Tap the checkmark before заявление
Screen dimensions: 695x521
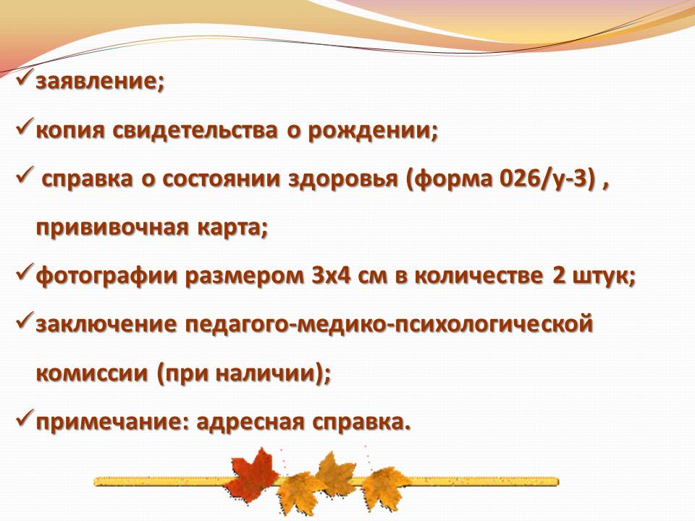click(25, 80)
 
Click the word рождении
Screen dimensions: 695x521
click(368, 132)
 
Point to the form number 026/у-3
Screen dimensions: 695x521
click(546, 179)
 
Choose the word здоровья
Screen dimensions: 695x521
click(343, 180)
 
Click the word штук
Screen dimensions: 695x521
click(600, 276)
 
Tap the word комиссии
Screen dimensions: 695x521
click(92, 373)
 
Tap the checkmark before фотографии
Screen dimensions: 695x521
click(25, 274)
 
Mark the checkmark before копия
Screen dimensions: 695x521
click(25, 129)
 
